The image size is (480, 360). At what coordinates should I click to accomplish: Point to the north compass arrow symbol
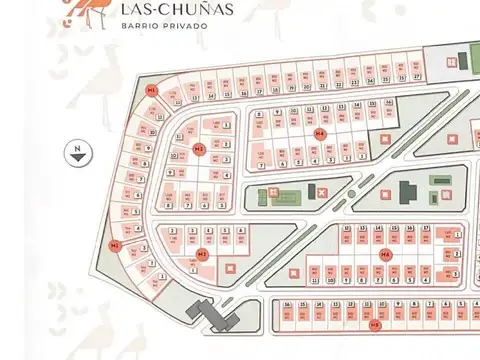pos(77,152)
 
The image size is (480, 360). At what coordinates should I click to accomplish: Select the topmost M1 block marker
pos(151,91)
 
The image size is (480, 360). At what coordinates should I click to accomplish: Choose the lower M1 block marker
pos(116,245)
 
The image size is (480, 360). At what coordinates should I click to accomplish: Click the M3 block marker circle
pos(199,150)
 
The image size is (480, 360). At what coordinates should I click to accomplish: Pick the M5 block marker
pos(375,324)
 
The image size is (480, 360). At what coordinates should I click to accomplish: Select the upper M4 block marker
pos(320,133)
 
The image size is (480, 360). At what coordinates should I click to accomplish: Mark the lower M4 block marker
pos(385,256)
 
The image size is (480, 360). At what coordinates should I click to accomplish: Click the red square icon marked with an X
pos(322,192)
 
